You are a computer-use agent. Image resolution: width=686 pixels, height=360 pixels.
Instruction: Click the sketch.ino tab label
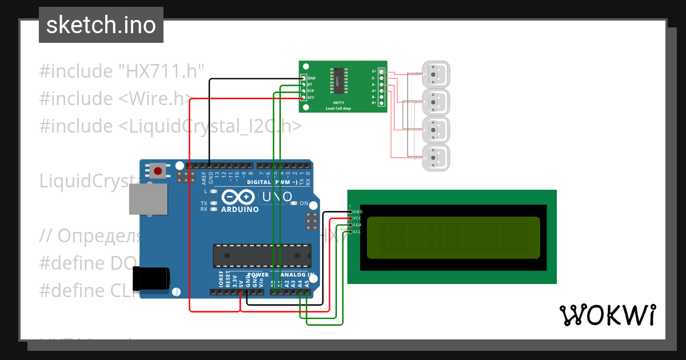(x=101, y=26)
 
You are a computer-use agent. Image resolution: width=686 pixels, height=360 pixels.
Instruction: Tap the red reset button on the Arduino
(x=158, y=170)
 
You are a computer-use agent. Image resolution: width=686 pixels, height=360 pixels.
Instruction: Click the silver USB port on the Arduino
(x=146, y=200)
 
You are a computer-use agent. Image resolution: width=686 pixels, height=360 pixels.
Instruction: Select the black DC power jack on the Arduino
(x=151, y=278)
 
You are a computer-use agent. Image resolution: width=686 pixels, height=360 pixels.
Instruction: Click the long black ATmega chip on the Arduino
(x=262, y=255)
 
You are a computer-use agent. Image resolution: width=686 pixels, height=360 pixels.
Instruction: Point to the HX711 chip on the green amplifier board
(x=337, y=81)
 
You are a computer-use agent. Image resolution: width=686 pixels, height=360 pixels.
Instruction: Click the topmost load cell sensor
(x=436, y=74)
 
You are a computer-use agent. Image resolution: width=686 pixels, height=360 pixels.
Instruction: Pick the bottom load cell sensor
(x=436, y=157)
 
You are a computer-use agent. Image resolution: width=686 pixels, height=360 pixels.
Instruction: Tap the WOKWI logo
(x=607, y=315)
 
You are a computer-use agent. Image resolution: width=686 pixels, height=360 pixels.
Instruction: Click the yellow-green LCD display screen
(x=452, y=237)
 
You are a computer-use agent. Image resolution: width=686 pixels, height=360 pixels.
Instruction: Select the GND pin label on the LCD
(x=358, y=211)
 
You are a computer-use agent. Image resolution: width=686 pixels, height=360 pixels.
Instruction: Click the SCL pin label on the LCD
(x=357, y=231)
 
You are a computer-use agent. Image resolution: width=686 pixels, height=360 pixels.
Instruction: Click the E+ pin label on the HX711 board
(x=374, y=71)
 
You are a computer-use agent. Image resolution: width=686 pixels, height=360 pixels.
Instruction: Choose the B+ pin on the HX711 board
(x=381, y=103)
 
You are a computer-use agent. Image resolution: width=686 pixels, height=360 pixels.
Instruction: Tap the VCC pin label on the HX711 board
(x=311, y=97)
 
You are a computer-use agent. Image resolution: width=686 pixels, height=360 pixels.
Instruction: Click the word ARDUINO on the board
(x=240, y=209)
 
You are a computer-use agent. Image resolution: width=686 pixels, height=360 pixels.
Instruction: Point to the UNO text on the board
(x=276, y=197)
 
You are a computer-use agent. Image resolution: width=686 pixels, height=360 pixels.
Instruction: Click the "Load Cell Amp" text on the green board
(x=338, y=108)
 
